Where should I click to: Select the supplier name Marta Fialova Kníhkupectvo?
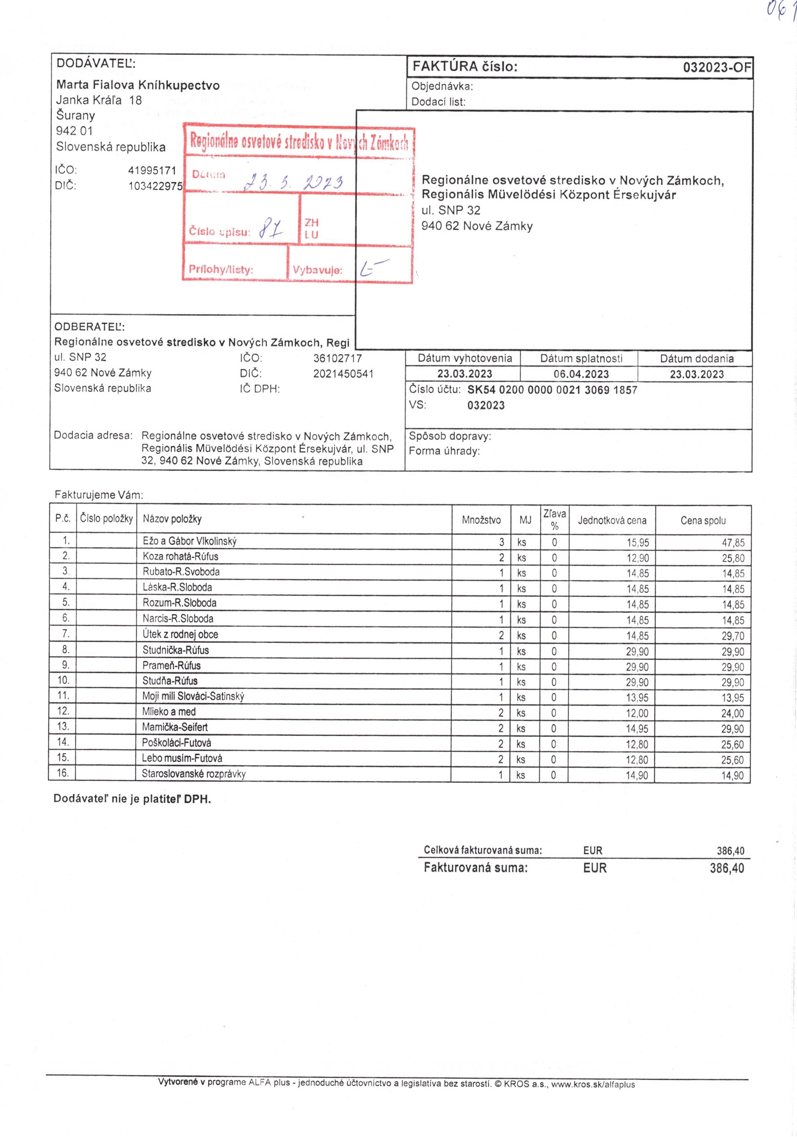[x=138, y=85]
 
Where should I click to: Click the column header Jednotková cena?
[x=612, y=520]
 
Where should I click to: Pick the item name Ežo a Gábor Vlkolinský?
[x=190, y=541]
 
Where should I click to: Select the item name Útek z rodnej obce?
[x=180, y=634]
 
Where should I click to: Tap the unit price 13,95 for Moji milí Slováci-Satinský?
[x=637, y=698]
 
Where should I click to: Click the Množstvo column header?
[x=481, y=520]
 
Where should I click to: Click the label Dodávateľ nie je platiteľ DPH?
[x=132, y=799]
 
